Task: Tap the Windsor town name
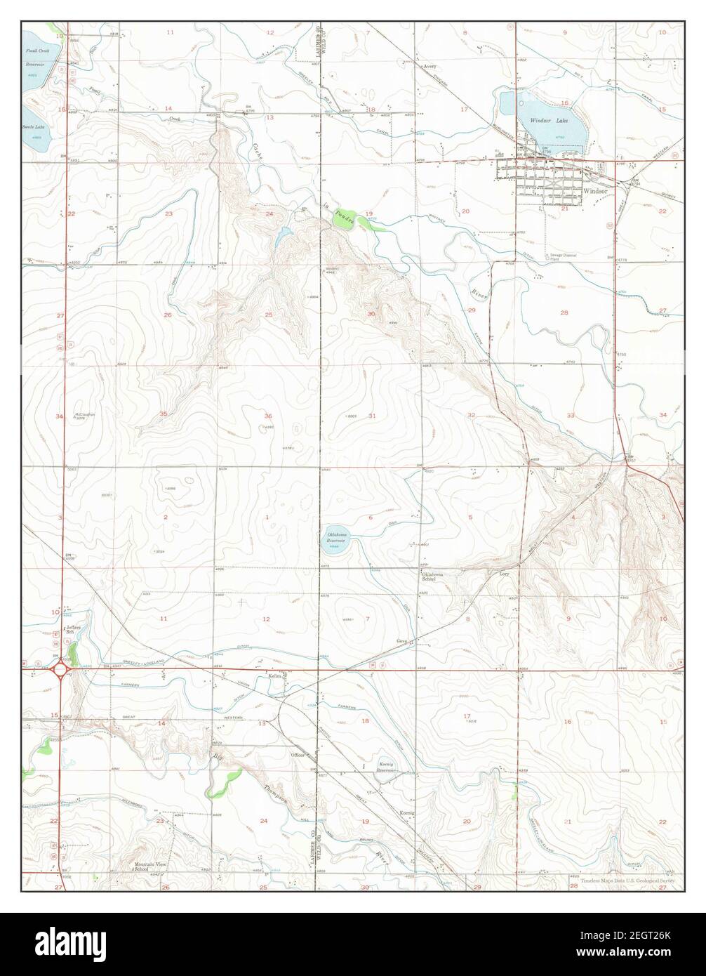tap(594, 190)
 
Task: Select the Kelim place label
tap(274, 675)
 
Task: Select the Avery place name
tap(429, 67)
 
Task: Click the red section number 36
tap(267, 416)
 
